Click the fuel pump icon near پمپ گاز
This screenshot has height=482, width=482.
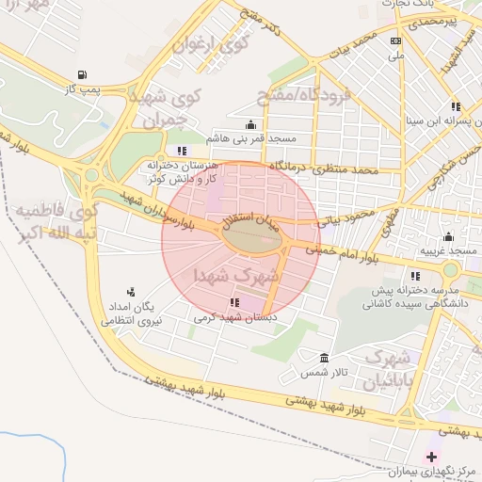pyautogui.click(x=83, y=74)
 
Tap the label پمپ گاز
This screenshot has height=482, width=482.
pyautogui.click(x=83, y=88)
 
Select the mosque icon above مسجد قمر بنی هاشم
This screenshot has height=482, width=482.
pyautogui.click(x=250, y=125)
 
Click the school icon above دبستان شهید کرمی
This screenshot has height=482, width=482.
pyautogui.click(x=233, y=302)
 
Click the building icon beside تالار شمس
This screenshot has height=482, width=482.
pyautogui.click(x=325, y=359)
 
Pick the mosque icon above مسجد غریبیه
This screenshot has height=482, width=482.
pyautogui.click(x=448, y=236)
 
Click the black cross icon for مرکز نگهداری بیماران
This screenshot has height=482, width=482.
pyautogui.click(x=431, y=457)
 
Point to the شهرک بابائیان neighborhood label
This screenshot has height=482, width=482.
pyautogui.click(x=387, y=370)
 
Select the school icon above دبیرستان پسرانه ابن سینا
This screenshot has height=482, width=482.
pyautogui.click(x=456, y=106)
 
